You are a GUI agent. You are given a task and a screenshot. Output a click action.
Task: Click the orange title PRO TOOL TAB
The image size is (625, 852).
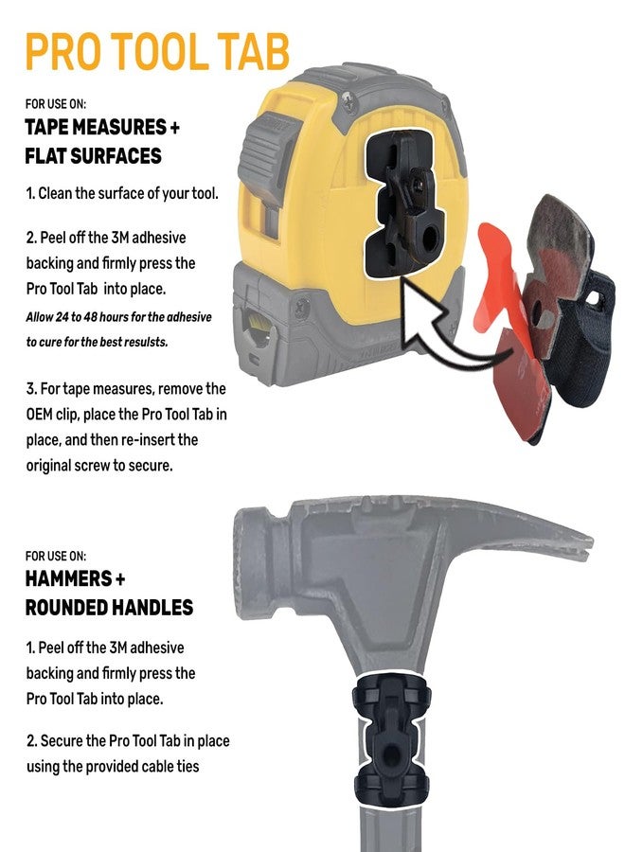tap(157, 52)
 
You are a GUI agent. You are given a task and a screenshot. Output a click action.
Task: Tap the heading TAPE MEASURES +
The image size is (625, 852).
tap(101, 129)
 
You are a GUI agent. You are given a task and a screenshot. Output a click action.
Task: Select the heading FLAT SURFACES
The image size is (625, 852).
tap(94, 155)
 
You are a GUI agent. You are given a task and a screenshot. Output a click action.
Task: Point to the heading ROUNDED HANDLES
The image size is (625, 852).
tap(109, 607)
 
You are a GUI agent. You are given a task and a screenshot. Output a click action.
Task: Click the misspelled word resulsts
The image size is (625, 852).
tap(141, 342)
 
